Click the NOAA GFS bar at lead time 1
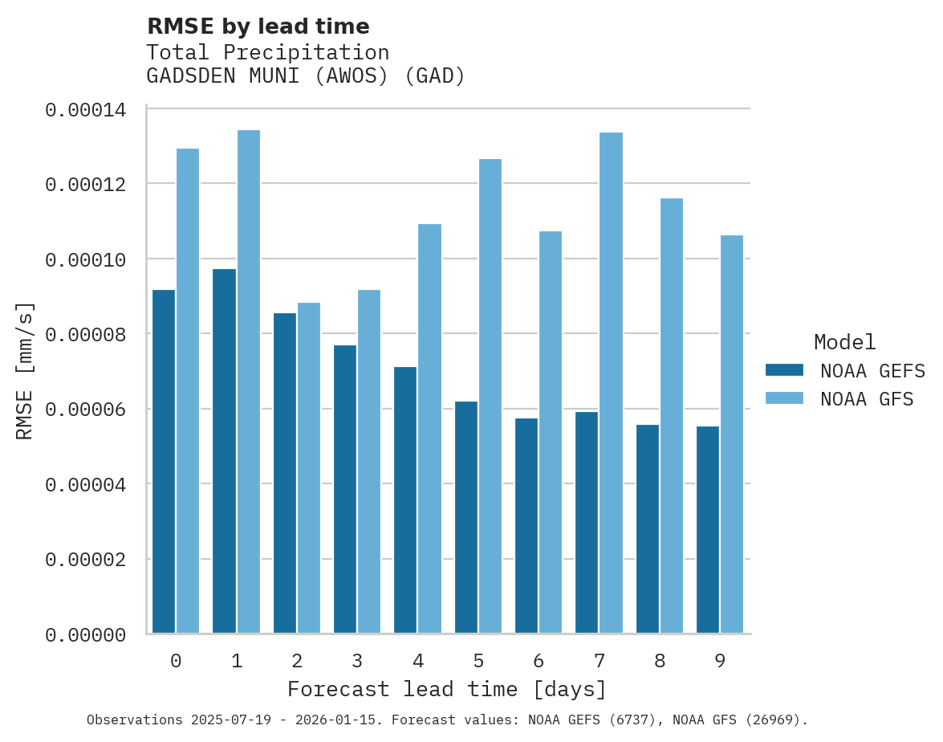click(x=248, y=381)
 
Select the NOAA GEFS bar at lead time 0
click(x=164, y=462)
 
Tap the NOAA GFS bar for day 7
click(x=612, y=383)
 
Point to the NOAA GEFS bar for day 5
click(x=465, y=517)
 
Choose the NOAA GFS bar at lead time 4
click(x=429, y=429)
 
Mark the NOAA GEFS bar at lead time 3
click(x=345, y=489)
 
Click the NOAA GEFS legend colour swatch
click(x=784, y=369)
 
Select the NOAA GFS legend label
click(x=867, y=398)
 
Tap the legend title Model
click(x=844, y=342)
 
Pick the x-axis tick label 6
click(x=539, y=661)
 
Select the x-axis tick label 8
click(x=660, y=661)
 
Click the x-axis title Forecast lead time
click(x=447, y=689)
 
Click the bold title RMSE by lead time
click(x=258, y=26)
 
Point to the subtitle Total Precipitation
click(x=267, y=52)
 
